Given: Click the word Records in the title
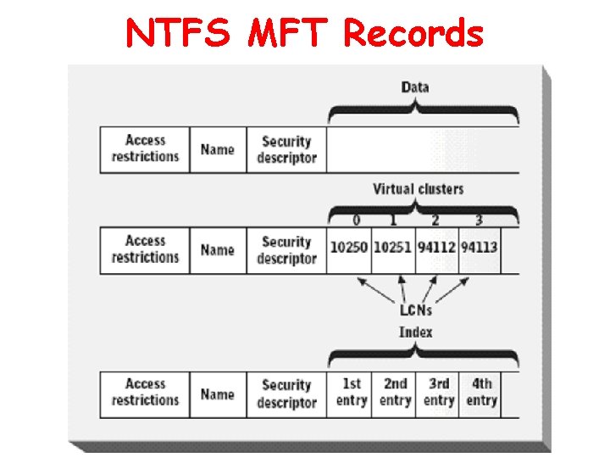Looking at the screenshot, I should [413, 34].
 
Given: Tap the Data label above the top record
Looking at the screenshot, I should [415, 87].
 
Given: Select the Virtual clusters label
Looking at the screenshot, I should [419, 188].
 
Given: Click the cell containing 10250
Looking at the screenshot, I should [349, 249].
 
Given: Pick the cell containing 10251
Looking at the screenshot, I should [393, 249].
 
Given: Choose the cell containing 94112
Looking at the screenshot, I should [435, 249].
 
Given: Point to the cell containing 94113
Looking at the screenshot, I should [479, 249].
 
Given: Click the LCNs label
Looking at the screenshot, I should [416, 310].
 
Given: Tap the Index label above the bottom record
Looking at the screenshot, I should [416, 332].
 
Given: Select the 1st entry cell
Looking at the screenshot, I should [351, 393].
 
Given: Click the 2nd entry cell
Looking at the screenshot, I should [395, 393].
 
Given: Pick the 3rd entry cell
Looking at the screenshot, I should [439, 393].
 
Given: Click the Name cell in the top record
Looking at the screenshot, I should [218, 150].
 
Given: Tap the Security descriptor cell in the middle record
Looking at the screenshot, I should [286, 250].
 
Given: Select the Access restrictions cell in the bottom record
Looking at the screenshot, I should [145, 393].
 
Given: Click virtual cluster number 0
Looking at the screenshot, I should [357, 221].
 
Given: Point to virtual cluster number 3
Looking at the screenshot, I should [479, 221].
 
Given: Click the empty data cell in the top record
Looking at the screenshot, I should [422, 150].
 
